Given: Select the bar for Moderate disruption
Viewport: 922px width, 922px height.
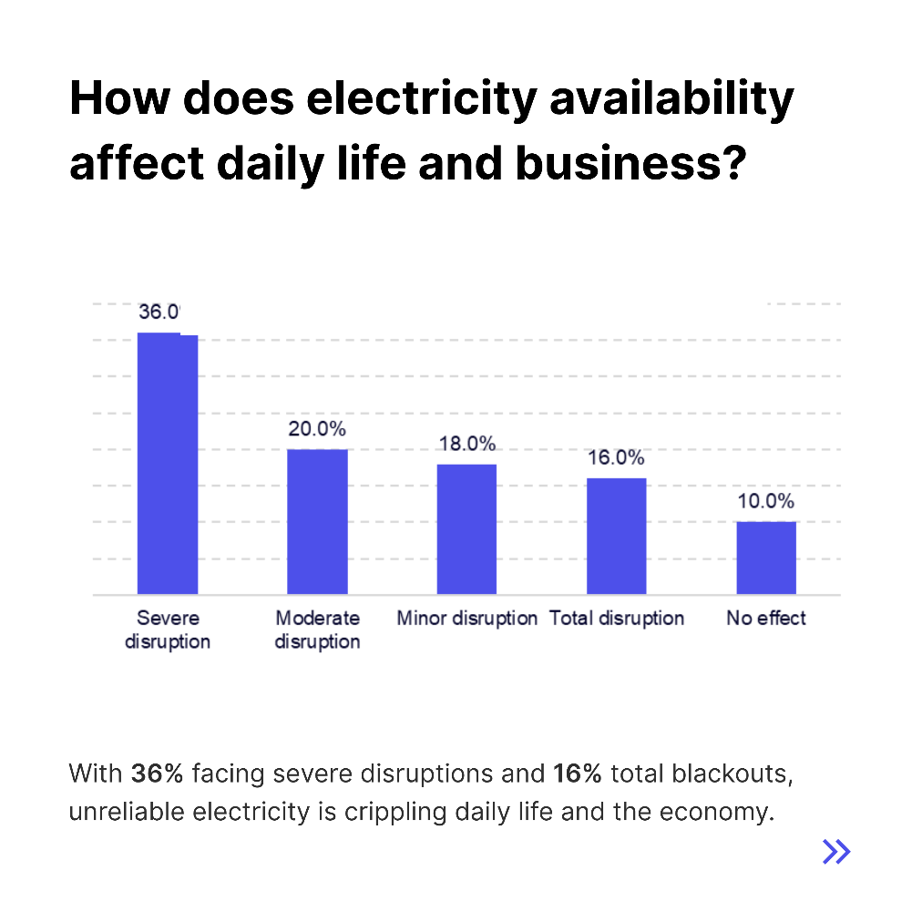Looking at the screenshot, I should point(317,521).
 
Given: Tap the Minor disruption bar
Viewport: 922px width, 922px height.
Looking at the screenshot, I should point(466,528).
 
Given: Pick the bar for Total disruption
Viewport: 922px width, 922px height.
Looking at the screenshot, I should point(616,536).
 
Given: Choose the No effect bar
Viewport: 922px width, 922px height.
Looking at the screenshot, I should point(766,558).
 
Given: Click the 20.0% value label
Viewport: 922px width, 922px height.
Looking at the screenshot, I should point(317,429).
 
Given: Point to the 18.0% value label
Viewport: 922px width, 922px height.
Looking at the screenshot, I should point(466,444).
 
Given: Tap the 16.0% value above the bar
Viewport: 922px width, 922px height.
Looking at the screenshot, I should point(616,458).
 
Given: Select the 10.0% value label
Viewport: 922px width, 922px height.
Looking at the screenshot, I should point(766,502).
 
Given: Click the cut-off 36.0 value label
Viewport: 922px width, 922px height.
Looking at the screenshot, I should point(159,312).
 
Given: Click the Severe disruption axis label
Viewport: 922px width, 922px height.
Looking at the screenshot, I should point(168,630).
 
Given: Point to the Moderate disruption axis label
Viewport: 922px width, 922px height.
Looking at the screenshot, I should point(317,630).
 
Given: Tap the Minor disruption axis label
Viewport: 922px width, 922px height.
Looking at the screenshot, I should point(466,619).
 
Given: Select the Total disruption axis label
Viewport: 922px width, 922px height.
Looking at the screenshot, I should point(616,619).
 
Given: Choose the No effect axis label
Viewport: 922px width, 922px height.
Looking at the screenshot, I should point(766,619).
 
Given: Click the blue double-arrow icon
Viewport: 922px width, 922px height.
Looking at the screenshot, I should point(835,851).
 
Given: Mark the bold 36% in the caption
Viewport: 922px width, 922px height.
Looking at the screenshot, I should point(158,774).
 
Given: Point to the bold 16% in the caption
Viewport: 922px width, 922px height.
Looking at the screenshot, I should point(578,774).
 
